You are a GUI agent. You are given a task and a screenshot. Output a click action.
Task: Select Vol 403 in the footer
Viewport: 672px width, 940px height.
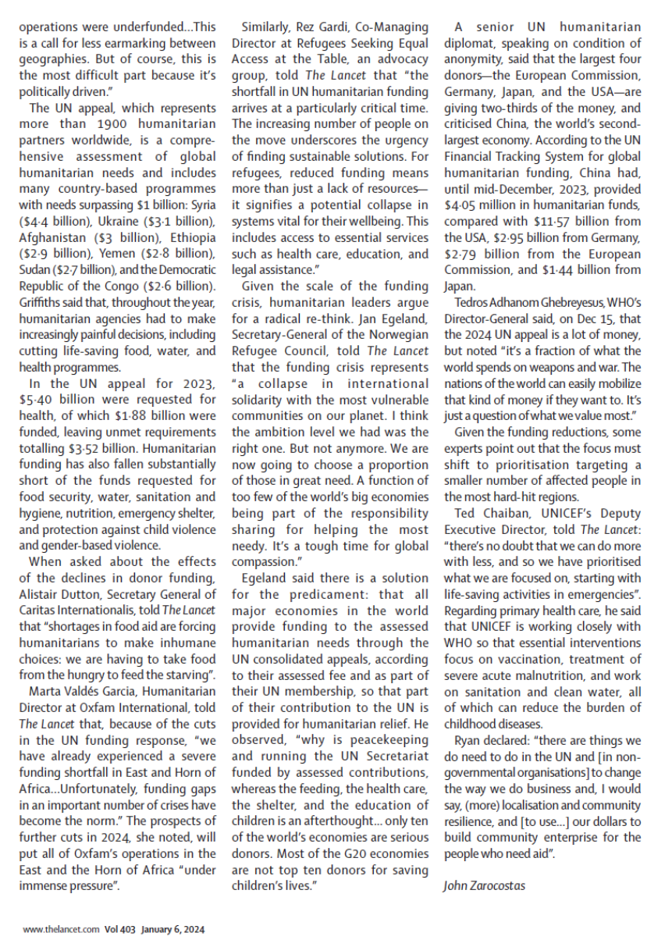coord(119,930)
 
